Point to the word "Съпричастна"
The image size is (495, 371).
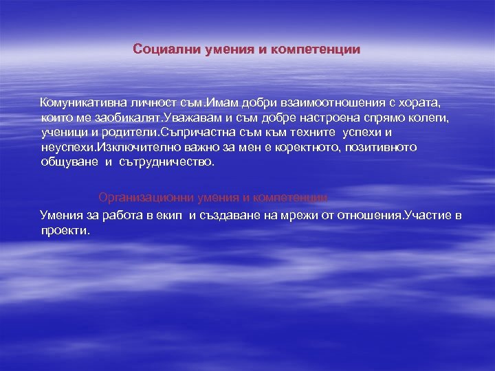click(x=193, y=133)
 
